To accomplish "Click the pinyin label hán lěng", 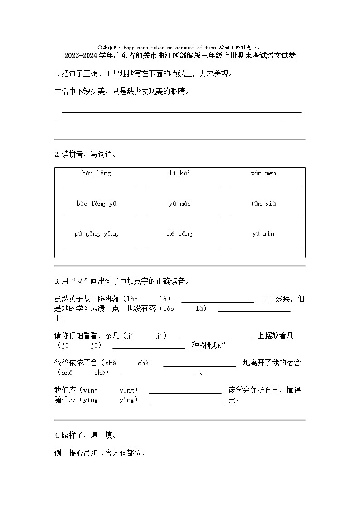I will [96, 174].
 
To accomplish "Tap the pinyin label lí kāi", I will [180, 174].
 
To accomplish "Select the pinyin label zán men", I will [263, 174].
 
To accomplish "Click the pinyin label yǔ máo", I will [180, 204].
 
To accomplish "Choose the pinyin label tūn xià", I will [263, 204].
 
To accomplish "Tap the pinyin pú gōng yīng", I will [96, 234].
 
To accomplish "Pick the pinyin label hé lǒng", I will [180, 234].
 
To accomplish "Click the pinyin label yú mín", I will [263, 234].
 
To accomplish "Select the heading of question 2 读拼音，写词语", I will [85, 155].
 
